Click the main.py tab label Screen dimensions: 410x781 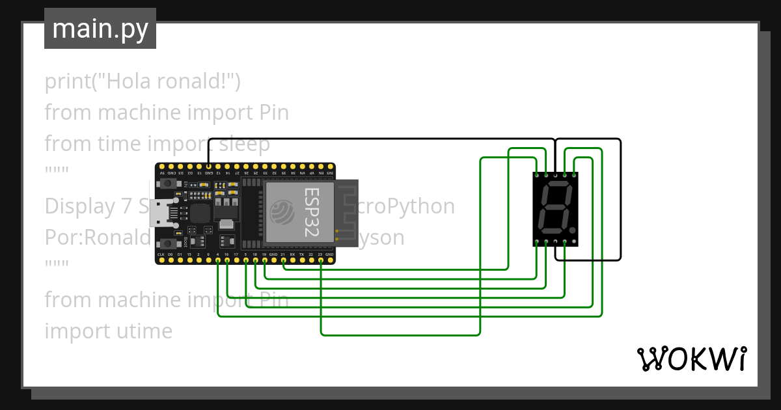pos(100,29)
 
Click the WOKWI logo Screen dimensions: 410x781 pos(691,359)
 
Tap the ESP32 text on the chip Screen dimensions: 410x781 pos(312,212)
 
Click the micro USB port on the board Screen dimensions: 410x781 pos(159,213)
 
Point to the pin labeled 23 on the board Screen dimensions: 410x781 pos(320,260)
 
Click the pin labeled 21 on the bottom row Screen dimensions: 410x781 pos(283,260)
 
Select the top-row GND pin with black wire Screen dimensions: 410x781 pos(208,167)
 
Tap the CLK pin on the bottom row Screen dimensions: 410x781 pos(161,260)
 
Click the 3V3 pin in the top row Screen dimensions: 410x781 pos(331,167)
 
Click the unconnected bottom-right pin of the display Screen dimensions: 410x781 pos(574,243)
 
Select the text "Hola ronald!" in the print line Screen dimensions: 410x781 pos(171,81)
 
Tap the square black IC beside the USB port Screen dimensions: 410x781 pos(200,213)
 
